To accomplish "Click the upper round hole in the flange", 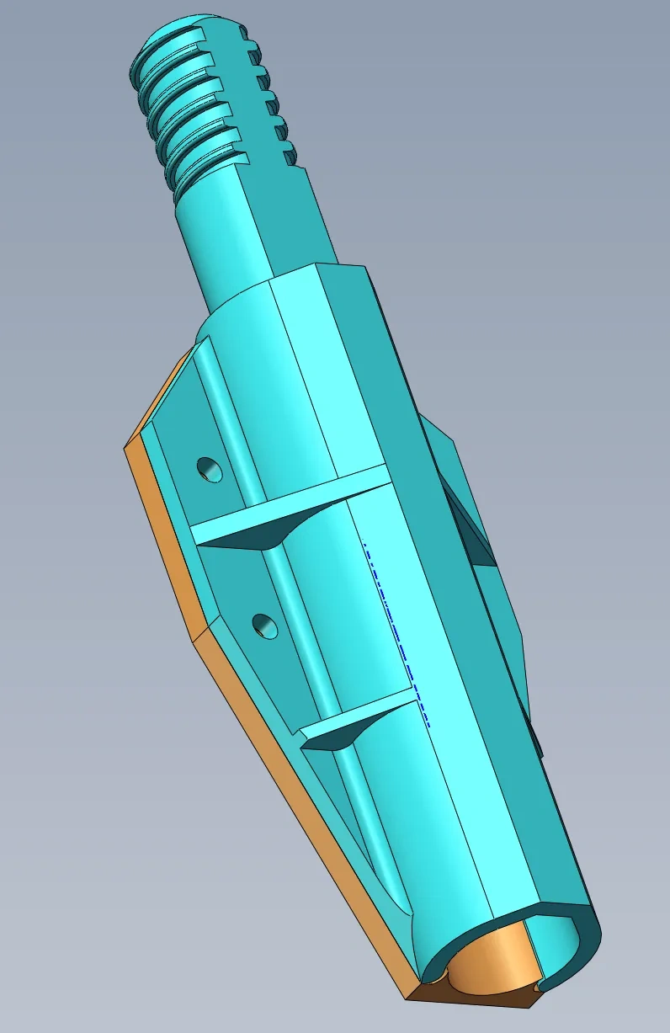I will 210,468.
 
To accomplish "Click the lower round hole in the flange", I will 266,626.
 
